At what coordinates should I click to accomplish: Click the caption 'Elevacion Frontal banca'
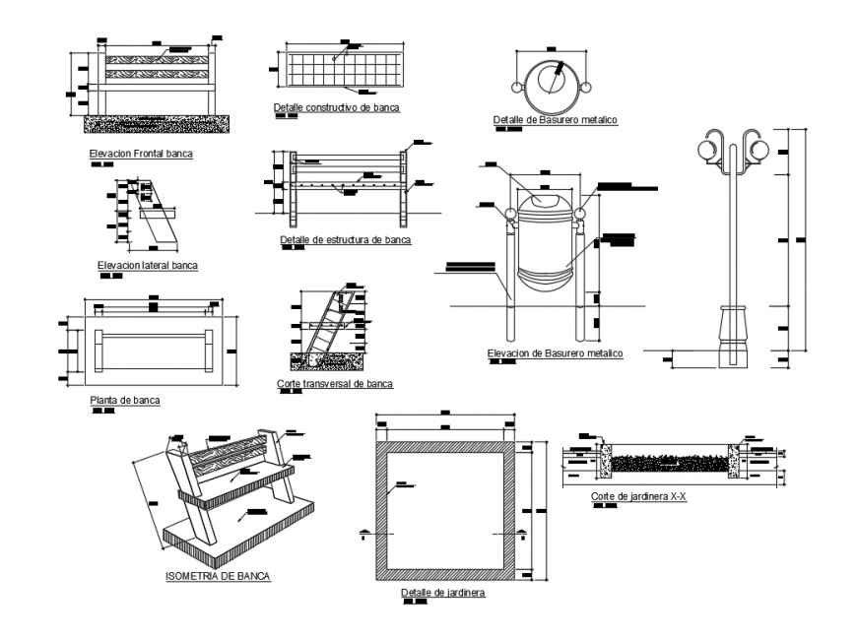click(x=141, y=154)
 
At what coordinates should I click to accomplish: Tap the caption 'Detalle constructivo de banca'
click(x=337, y=107)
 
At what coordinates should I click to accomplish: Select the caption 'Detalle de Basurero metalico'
click(x=555, y=120)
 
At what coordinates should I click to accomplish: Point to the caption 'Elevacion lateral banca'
click(x=148, y=265)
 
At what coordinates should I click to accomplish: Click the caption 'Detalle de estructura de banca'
click(x=345, y=239)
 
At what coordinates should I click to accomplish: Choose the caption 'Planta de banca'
click(x=124, y=400)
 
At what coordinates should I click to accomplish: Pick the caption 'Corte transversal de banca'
click(x=335, y=383)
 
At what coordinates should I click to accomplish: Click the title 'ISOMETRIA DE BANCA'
click(x=218, y=576)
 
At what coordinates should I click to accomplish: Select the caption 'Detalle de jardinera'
click(x=443, y=593)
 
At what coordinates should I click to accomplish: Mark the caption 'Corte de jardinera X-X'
click(x=638, y=497)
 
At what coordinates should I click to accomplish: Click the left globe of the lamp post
click(x=708, y=150)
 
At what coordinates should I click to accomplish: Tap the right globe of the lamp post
click(x=759, y=150)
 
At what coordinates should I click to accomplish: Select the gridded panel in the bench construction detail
click(x=344, y=70)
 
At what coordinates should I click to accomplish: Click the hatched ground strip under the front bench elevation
click(x=157, y=123)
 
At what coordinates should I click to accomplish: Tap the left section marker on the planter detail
click(x=365, y=534)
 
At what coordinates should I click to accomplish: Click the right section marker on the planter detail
click(x=521, y=534)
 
